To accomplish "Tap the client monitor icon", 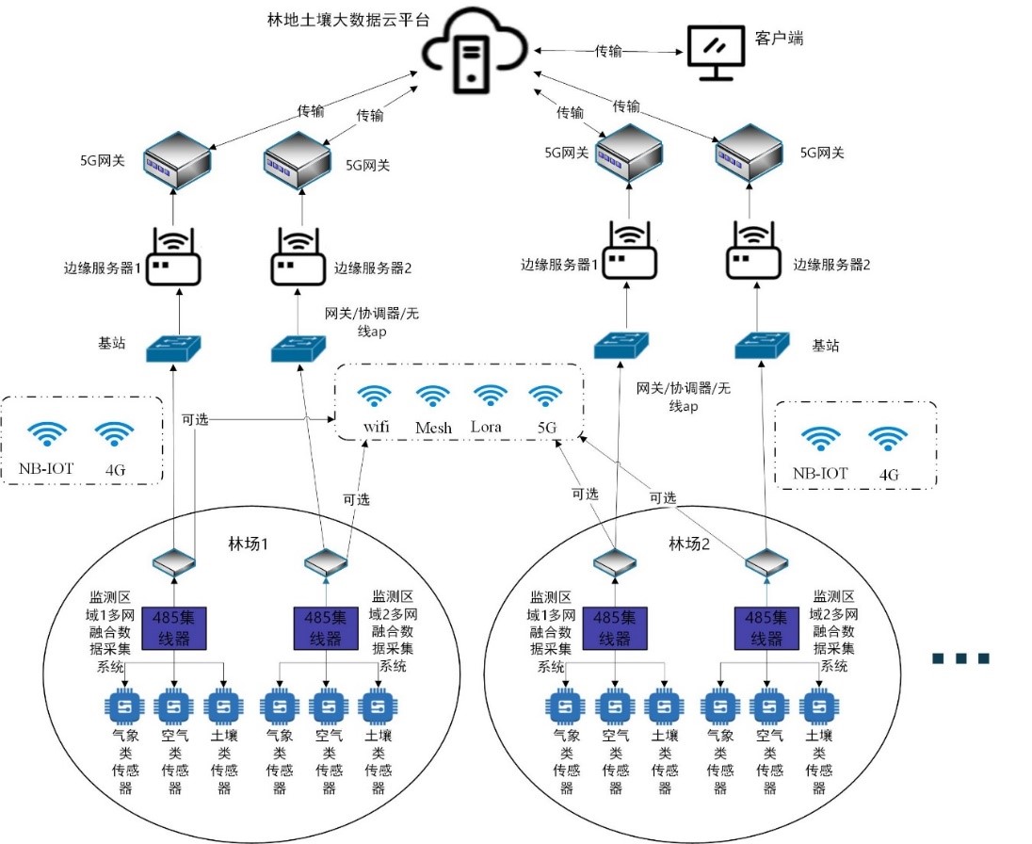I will [x=714, y=53].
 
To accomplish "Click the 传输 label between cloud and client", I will [x=608, y=52].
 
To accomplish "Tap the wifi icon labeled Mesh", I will [x=433, y=397].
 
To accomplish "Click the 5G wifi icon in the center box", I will [x=545, y=397].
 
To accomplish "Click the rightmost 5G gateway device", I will [x=750, y=152].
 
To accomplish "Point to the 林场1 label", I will [x=250, y=544].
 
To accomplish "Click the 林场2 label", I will [x=689, y=544].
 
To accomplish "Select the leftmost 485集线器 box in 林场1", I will [x=173, y=627].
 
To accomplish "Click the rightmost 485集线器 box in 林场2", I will [x=766, y=627].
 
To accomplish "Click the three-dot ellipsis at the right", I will [x=960, y=658].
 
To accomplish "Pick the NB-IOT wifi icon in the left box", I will [x=47, y=434].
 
